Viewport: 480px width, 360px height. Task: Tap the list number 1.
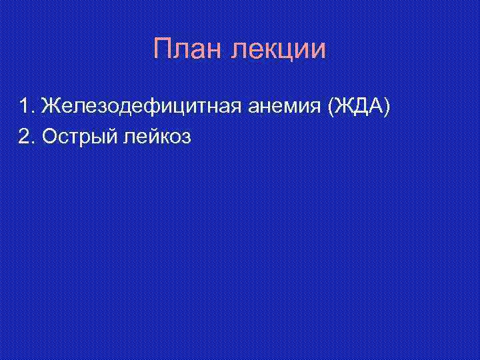[x=25, y=105]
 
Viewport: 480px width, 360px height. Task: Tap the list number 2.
[x=25, y=137]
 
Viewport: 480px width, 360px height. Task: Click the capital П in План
[x=162, y=50]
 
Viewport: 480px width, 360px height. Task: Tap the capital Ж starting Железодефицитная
[x=49, y=105]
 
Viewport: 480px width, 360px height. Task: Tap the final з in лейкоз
[x=186, y=137]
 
